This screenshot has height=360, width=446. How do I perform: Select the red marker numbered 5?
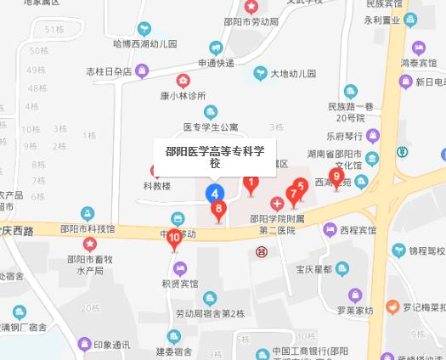point(300,186)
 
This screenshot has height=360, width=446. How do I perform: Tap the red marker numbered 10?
point(174,239)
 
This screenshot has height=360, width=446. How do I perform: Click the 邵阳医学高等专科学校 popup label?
point(215,157)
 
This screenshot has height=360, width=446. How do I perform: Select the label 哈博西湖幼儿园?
point(145,43)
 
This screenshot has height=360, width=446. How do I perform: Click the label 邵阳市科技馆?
point(88,229)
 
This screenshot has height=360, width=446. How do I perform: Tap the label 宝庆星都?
point(313,269)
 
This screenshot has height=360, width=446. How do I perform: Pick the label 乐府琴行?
point(344,135)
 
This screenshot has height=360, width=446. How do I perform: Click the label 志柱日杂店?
point(110,71)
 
